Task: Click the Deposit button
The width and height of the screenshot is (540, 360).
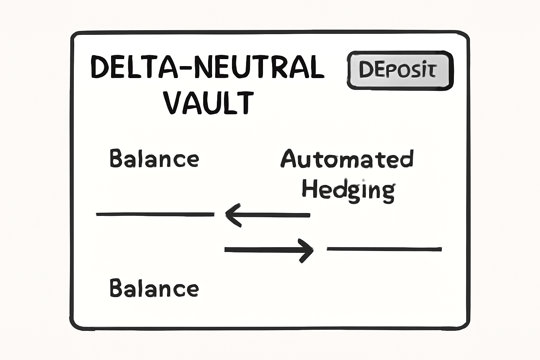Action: pyautogui.click(x=400, y=70)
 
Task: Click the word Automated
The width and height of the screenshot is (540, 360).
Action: pyautogui.click(x=347, y=159)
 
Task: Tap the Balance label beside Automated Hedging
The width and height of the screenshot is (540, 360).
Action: pyautogui.click(x=154, y=159)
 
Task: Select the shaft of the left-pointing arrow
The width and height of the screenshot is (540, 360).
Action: pyautogui.click(x=274, y=215)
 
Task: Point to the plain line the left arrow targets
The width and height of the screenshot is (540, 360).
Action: pyautogui.click(x=155, y=214)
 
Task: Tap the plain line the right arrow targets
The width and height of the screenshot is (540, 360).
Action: pyautogui.click(x=384, y=249)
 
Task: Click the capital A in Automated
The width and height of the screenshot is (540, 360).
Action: pyautogui.click(x=289, y=159)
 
